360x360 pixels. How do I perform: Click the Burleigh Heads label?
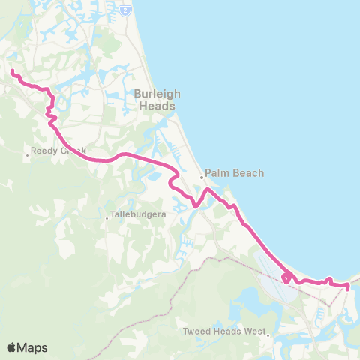[x=155, y=100]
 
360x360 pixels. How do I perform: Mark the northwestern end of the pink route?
[x=11, y=71]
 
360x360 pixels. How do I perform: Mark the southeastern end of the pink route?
[x=348, y=286]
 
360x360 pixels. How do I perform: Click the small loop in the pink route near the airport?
[x=287, y=278]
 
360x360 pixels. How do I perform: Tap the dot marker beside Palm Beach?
[x=202, y=178]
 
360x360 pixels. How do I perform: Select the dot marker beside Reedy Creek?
[x=27, y=155]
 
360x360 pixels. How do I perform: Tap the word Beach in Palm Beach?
[x=248, y=173]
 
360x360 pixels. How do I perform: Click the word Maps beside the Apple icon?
[x=32, y=348]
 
